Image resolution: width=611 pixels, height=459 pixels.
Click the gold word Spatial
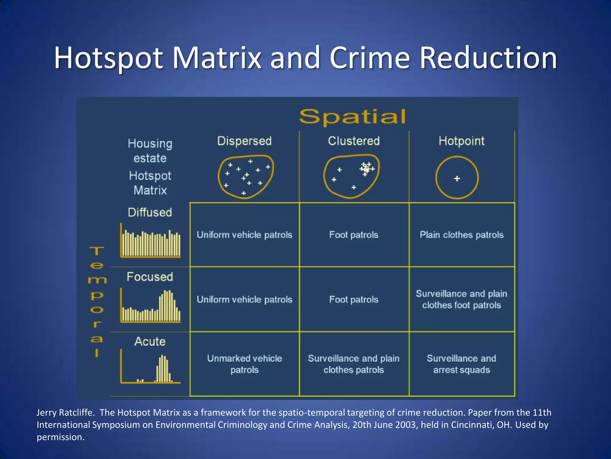click(352, 117)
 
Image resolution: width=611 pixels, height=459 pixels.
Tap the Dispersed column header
click(244, 141)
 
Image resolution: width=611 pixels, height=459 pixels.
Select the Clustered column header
click(354, 141)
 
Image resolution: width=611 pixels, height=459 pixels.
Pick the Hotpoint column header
click(462, 141)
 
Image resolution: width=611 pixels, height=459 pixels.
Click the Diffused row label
click(150, 212)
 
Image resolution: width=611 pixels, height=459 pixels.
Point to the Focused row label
click(150, 277)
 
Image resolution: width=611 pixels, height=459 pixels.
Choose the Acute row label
click(150, 341)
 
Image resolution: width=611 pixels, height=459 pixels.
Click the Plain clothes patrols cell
click(462, 235)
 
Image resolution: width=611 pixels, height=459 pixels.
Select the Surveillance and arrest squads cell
click(462, 364)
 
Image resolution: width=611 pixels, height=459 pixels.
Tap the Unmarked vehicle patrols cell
click(244, 364)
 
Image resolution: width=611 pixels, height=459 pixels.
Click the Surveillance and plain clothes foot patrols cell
click(462, 299)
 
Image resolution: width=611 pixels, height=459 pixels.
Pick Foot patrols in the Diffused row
click(354, 235)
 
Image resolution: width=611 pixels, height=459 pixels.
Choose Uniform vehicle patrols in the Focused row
click(244, 299)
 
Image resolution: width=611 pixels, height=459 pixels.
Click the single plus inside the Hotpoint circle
click(457, 179)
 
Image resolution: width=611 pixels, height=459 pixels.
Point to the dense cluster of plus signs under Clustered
click(366, 169)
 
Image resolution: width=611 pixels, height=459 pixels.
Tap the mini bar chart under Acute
click(151, 368)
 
